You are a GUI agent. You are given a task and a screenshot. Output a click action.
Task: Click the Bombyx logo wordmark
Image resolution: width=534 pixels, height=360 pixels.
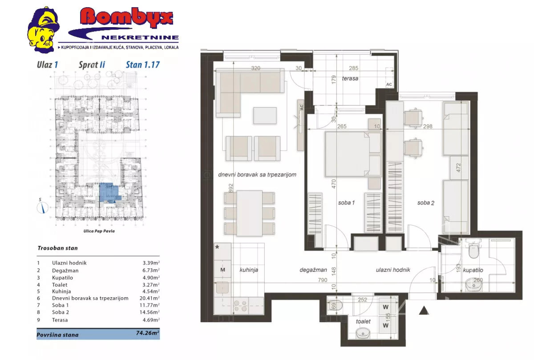point(126,17)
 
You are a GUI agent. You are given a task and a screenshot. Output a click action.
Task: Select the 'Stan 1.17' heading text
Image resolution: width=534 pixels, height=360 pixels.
point(142,65)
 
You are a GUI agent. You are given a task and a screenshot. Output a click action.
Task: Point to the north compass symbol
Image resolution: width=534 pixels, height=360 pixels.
point(42,207)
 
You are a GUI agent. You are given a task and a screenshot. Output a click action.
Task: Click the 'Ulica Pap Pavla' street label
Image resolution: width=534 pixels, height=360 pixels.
point(99,231)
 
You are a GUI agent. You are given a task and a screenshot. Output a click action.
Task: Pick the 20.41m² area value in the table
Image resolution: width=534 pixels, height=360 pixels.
point(150,298)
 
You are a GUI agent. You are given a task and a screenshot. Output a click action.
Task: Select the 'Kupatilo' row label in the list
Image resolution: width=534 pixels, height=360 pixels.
point(62,278)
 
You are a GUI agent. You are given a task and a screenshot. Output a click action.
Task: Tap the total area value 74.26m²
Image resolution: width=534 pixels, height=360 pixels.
point(148,333)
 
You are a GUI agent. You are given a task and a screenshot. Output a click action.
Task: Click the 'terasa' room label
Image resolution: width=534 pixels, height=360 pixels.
point(350,78)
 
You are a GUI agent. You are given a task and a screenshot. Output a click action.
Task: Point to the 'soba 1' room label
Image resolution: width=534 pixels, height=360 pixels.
point(346,202)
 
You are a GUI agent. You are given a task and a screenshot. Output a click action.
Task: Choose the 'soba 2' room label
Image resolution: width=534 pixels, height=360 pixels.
point(426,203)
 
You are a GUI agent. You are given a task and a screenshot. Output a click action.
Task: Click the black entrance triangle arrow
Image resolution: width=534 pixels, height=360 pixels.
point(424,311)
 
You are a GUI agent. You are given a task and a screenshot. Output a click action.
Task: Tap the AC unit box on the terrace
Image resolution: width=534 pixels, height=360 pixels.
point(389,77)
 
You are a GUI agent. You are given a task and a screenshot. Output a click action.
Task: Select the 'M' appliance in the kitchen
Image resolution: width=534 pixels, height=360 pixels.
point(222,270)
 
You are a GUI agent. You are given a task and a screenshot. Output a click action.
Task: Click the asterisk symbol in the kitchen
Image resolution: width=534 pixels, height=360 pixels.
point(217,247)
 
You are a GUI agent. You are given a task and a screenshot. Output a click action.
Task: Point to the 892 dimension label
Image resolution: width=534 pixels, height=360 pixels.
point(231,188)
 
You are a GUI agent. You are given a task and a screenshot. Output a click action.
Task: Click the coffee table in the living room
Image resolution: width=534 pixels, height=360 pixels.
point(265,115)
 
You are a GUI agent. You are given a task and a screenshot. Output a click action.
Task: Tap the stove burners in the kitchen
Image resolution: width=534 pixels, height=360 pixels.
point(240,306)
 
